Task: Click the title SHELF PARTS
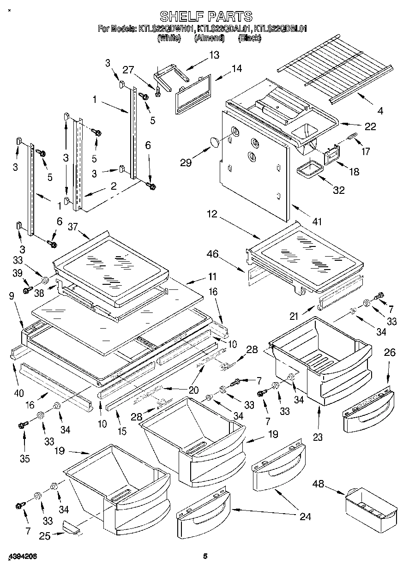coord(206,17)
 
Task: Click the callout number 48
coord(318,484)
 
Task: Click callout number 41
coord(316,222)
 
